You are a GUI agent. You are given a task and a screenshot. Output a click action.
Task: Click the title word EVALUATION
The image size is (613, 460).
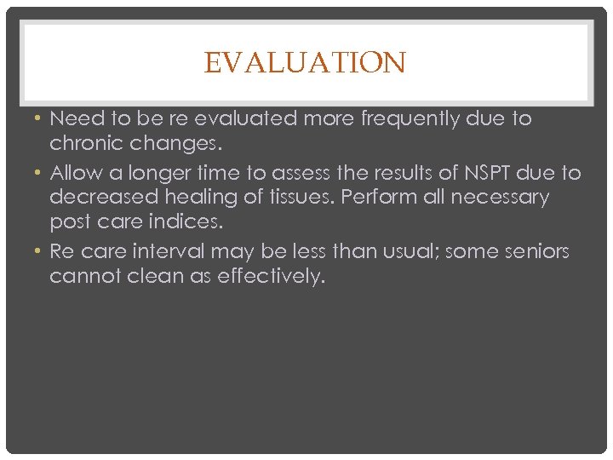point(306,63)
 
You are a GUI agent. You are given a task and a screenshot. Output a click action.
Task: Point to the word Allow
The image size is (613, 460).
point(74,174)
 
